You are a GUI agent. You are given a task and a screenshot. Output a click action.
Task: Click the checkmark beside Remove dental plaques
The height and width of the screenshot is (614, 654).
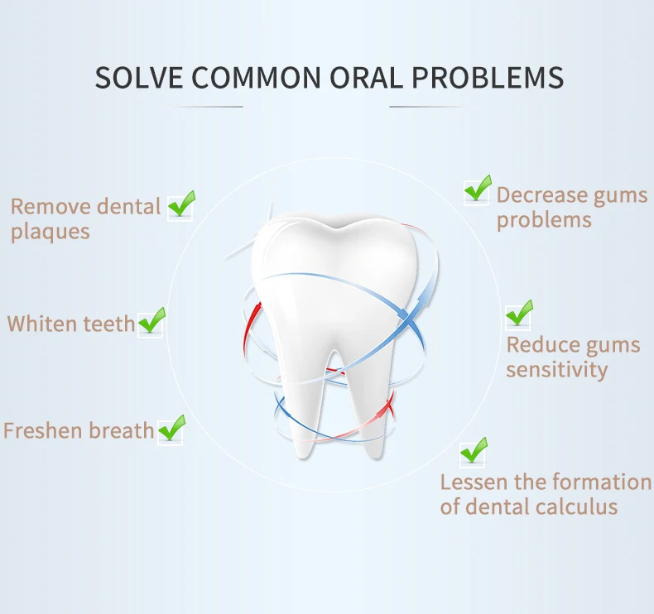(x=181, y=204)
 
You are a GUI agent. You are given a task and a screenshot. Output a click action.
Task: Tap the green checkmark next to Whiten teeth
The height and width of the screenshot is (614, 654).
(x=152, y=320)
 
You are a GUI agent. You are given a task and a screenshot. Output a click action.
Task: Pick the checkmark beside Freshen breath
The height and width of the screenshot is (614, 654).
(x=171, y=428)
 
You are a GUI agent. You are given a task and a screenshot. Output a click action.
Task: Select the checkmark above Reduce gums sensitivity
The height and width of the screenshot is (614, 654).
(x=519, y=314)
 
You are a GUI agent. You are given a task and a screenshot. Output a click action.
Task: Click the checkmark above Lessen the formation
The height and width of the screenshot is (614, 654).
(x=474, y=451)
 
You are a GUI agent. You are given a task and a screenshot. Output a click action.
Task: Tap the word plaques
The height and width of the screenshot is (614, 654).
(x=50, y=232)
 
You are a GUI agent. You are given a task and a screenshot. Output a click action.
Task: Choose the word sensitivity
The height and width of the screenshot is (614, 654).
(x=557, y=369)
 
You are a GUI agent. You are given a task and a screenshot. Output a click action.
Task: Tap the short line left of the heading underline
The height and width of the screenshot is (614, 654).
(x=208, y=107)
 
